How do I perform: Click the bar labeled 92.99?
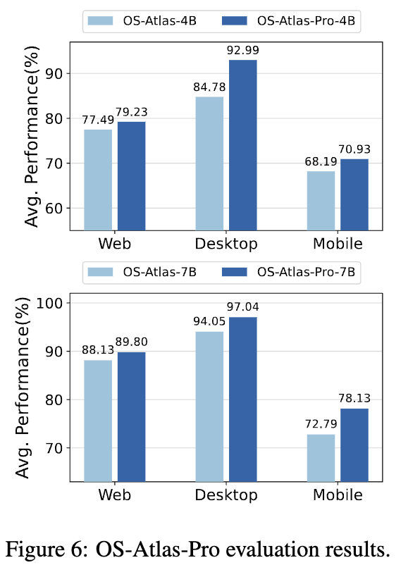(243, 145)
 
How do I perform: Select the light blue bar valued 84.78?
(209, 163)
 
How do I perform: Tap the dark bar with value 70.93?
(354, 194)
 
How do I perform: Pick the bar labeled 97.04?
(243, 399)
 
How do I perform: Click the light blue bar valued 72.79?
(321, 458)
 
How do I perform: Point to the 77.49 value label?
(98, 120)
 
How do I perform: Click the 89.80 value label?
(132, 342)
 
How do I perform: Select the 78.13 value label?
(354, 398)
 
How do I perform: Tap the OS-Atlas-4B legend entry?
(142, 21)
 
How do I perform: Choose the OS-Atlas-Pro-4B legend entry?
(288, 21)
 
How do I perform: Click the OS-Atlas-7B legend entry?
(142, 272)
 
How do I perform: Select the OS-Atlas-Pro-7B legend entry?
(288, 272)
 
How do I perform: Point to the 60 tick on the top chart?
(54, 209)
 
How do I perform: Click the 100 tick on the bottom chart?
(50, 304)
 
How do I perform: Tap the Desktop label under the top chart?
(226, 244)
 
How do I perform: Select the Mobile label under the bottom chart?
(338, 495)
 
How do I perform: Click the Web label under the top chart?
(115, 244)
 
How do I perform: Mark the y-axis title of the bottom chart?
(23, 387)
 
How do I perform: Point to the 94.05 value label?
(209, 321)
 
